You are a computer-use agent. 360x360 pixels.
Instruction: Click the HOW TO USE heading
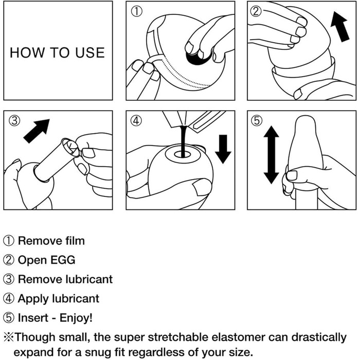click(x=58, y=52)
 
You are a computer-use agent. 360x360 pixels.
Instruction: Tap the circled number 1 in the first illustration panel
click(x=137, y=11)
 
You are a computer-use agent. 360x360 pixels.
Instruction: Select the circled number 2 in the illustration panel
click(x=256, y=11)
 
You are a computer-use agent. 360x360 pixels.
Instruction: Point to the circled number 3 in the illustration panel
click(x=14, y=120)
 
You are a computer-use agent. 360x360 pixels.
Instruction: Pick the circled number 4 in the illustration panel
click(x=136, y=120)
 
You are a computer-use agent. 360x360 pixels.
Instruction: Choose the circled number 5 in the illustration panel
click(x=257, y=120)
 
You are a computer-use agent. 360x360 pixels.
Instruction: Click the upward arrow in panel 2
click(x=340, y=27)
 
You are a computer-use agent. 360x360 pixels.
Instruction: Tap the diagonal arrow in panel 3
click(x=37, y=131)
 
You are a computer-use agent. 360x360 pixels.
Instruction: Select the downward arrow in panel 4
click(x=223, y=149)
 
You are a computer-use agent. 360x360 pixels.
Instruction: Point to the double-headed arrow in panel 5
click(x=272, y=155)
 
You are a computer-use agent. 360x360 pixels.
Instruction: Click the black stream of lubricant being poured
click(x=183, y=141)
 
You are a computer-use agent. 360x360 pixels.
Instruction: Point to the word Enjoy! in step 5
click(x=76, y=318)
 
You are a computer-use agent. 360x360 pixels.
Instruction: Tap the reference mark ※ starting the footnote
click(x=9, y=337)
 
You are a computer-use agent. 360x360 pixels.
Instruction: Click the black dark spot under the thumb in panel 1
click(x=197, y=59)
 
